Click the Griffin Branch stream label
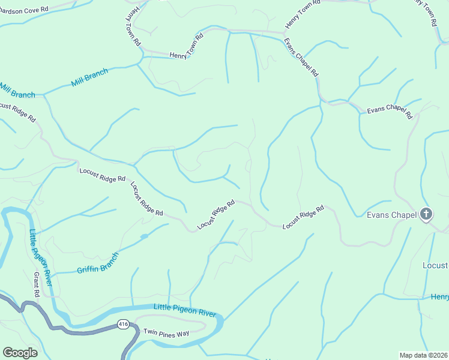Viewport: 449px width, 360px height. (98, 262)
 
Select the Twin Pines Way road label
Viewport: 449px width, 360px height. (166, 332)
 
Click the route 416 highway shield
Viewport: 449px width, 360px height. (123, 325)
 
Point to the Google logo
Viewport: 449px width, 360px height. (20, 353)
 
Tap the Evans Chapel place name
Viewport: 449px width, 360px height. (391, 215)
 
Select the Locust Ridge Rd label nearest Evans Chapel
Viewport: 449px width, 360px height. (303, 217)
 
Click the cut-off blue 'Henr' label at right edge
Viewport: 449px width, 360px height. (439, 297)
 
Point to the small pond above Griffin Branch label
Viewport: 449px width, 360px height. (144, 236)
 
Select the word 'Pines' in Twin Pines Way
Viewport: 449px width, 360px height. (166, 332)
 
